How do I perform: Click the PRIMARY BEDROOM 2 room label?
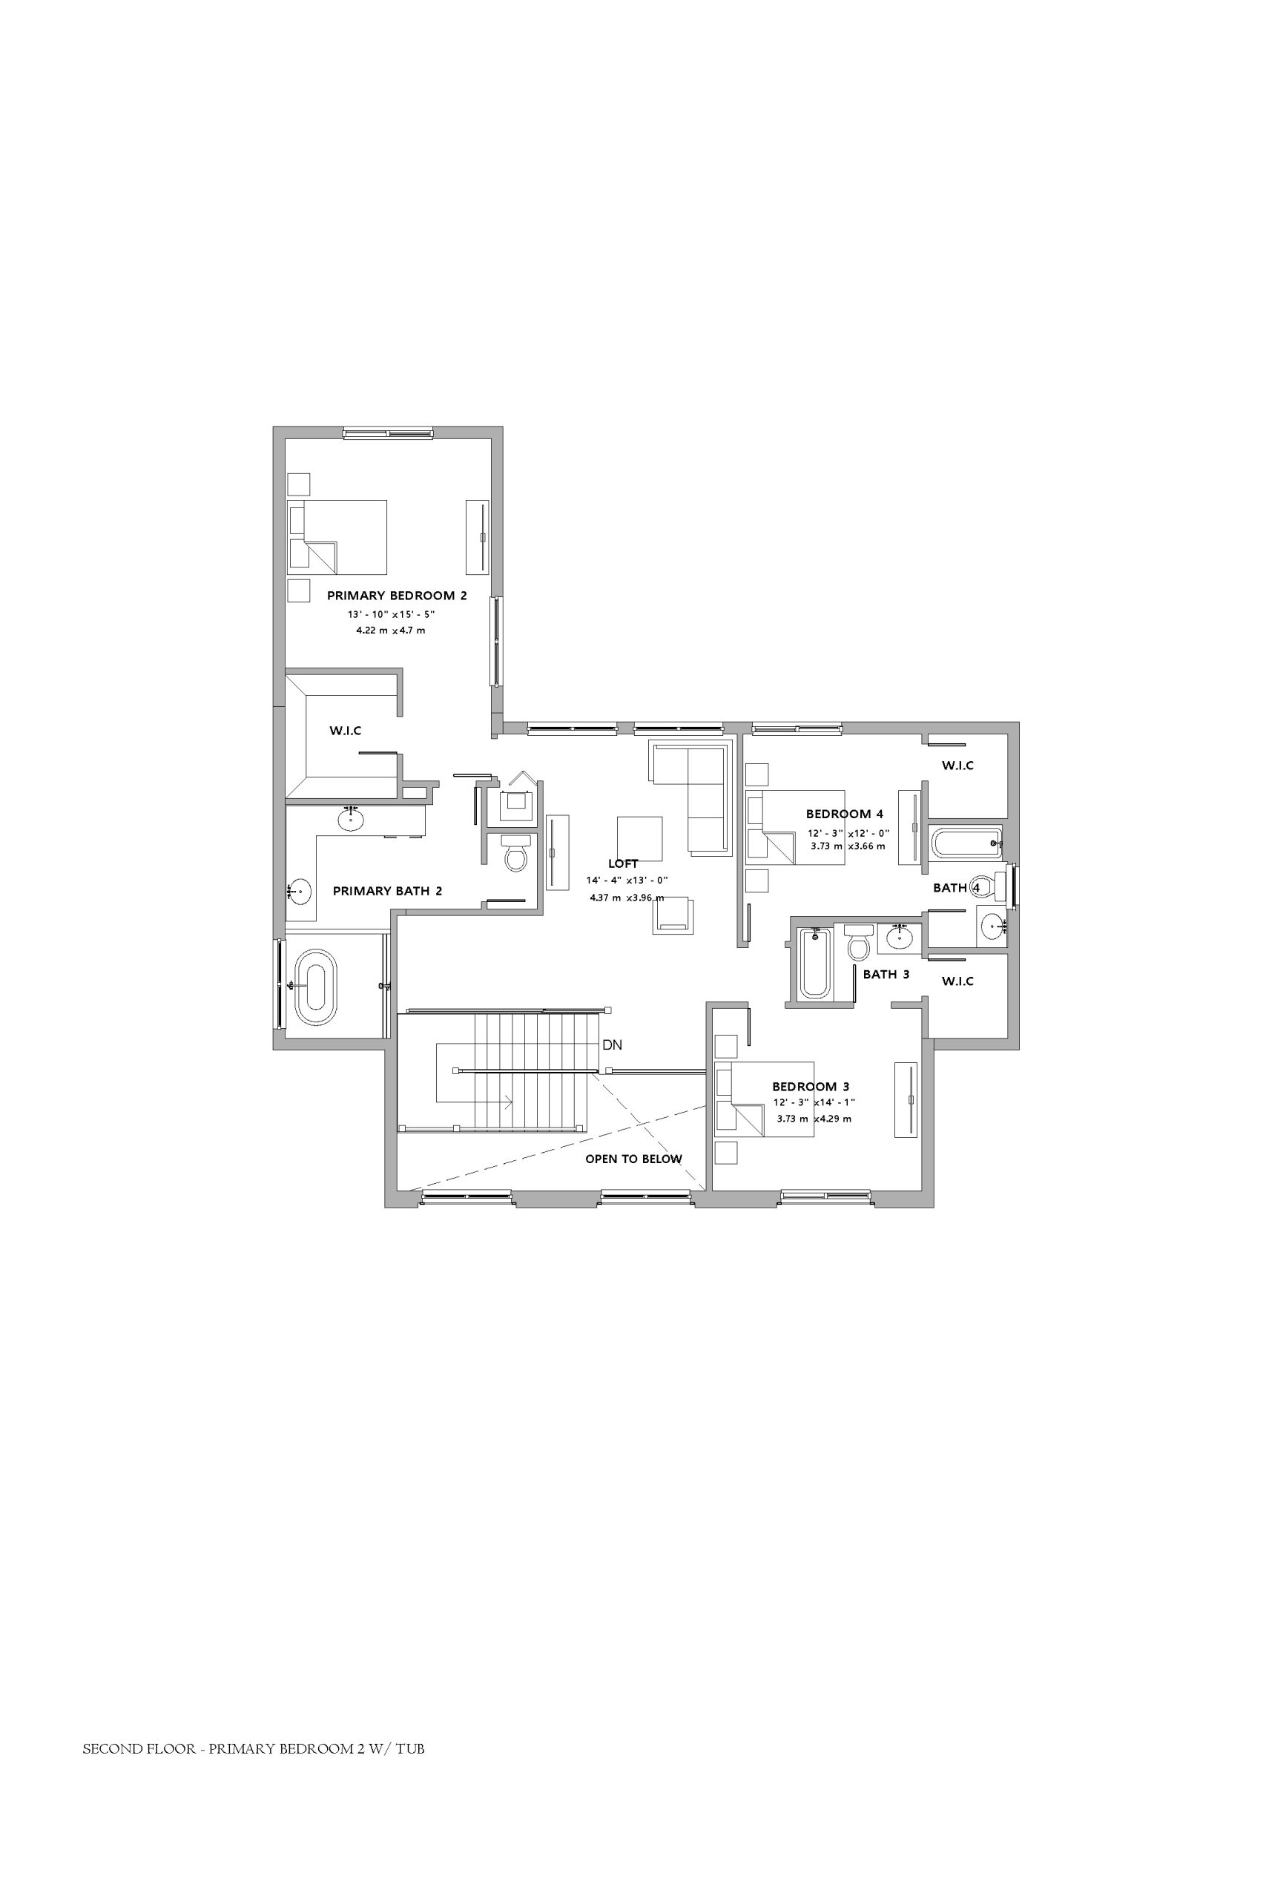397,596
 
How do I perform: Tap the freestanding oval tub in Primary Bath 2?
316,987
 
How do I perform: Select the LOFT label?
622,864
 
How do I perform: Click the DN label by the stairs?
612,1044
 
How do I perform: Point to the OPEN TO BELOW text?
634,1159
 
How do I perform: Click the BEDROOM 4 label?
845,814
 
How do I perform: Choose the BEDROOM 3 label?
811,1087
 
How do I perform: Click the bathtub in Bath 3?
813,964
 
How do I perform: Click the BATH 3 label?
886,975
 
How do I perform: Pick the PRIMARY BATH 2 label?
388,892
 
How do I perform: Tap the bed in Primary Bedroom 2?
337,537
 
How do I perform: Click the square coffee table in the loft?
639,839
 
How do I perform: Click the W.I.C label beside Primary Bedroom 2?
346,731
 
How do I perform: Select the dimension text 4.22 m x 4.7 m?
391,631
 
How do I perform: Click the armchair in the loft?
673,915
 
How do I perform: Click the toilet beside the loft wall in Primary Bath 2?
516,851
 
